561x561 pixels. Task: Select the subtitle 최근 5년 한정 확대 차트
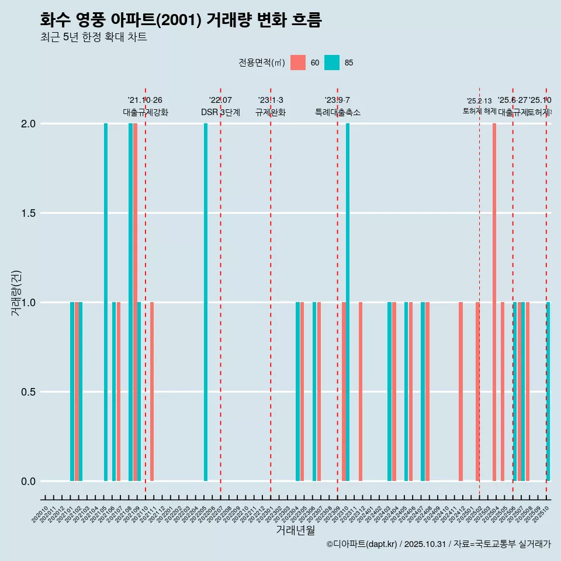[93, 37]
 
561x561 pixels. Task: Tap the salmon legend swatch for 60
[298, 63]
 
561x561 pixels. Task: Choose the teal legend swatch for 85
[332, 63]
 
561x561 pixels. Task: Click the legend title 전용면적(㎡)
[261, 63]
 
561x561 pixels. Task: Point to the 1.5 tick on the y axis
[28, 213]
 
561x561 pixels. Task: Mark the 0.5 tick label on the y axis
[28, 392]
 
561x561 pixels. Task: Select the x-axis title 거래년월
[295, 531]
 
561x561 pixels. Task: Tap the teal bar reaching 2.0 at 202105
[106, 302]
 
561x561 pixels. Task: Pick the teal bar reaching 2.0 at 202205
[206, 302]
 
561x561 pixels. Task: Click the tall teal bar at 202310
[348, 302]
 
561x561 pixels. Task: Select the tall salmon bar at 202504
[494, 302]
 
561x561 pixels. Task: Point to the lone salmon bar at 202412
[460, 392]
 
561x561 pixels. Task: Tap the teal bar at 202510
[548, 392]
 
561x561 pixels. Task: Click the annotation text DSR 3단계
[220, 113]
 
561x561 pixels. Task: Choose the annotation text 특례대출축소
[337, 113]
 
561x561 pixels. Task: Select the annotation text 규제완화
[270, 113]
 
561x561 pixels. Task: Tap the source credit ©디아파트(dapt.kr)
[362, 544]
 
